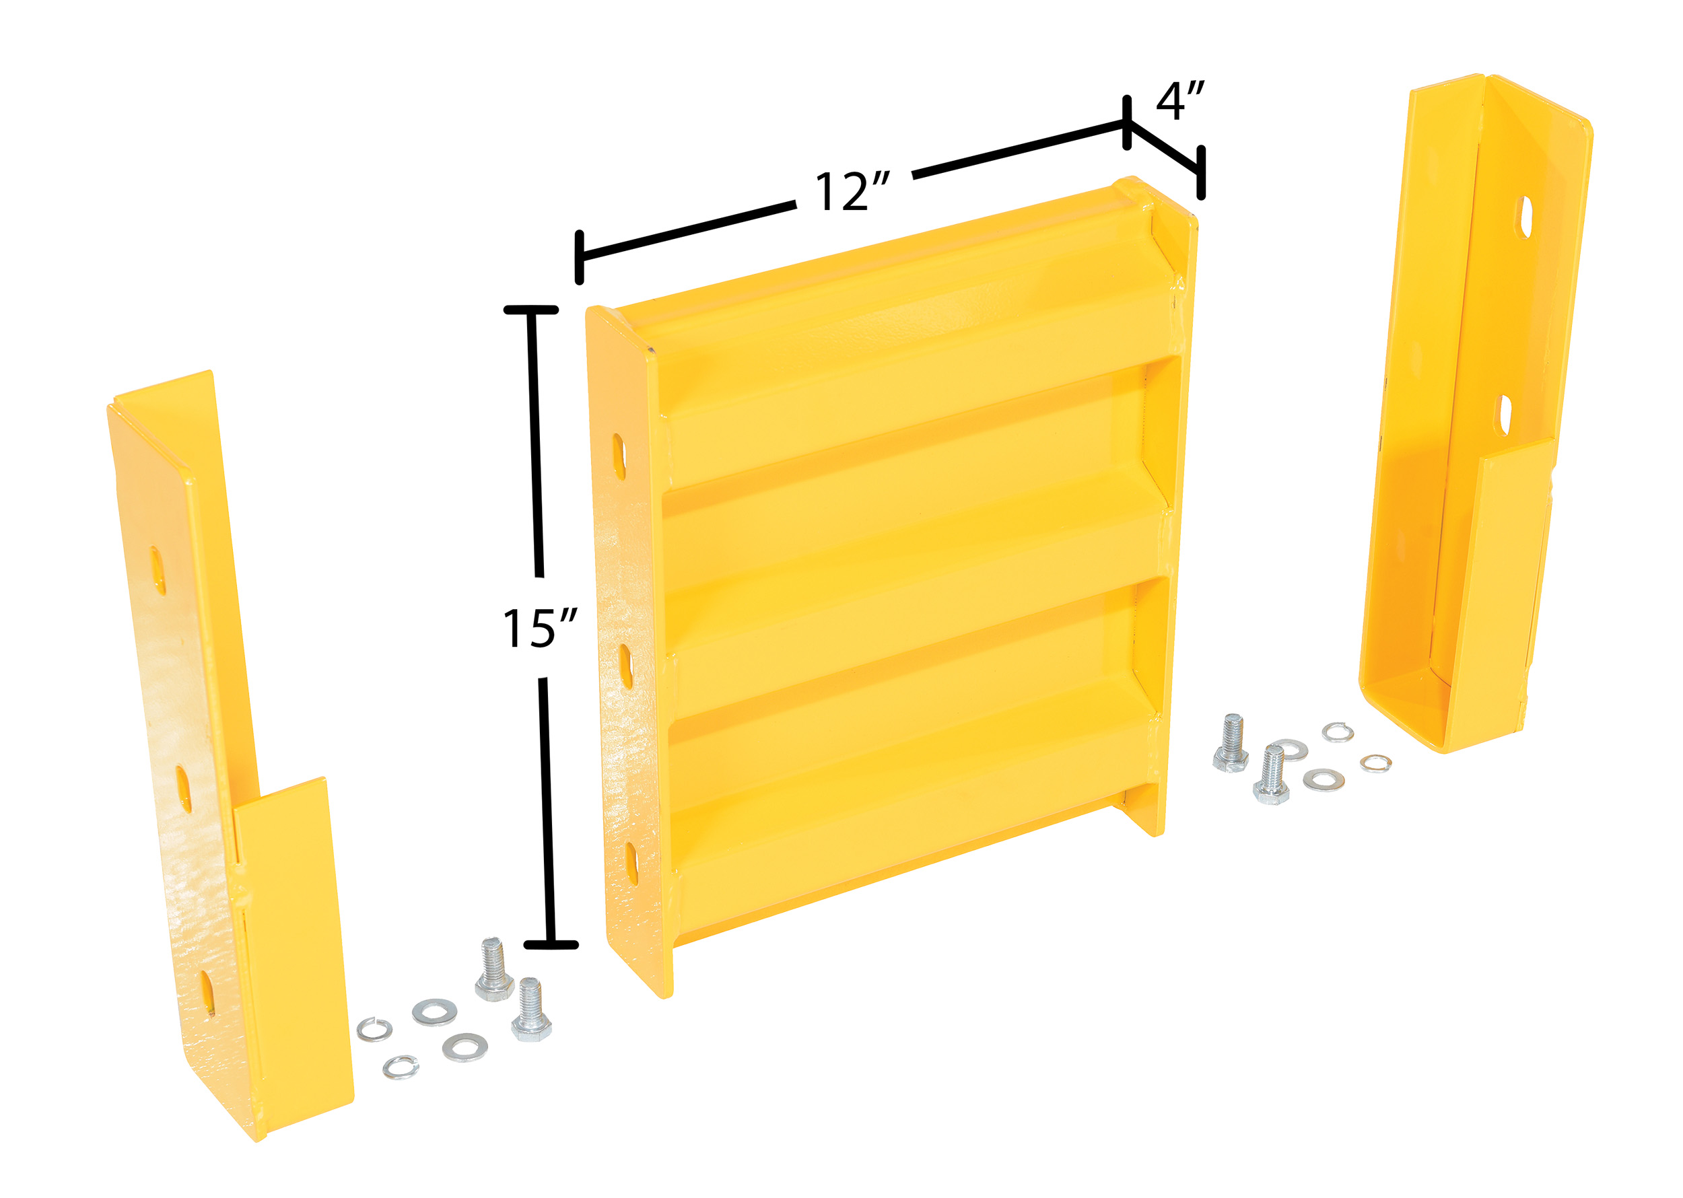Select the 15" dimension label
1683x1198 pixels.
[x=539, y=628]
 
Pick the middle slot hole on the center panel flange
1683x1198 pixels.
[x=625, y=666]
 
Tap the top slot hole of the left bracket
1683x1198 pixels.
[x=158, y=571]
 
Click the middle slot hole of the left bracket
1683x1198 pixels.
[x=183, y=789]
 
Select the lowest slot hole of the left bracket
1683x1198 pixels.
[x=208, y=993]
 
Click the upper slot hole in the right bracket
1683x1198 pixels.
[x=1525, y=217]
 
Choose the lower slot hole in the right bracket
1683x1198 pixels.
[x=1504, y=415]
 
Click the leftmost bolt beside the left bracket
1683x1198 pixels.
[x=493, y=968]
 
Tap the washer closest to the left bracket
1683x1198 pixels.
[x=375, y=1029]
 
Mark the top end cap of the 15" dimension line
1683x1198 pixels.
[x=530, y=310]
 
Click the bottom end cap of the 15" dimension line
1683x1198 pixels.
[x=551, y=944]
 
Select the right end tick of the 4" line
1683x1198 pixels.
[x=1201, y=172]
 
